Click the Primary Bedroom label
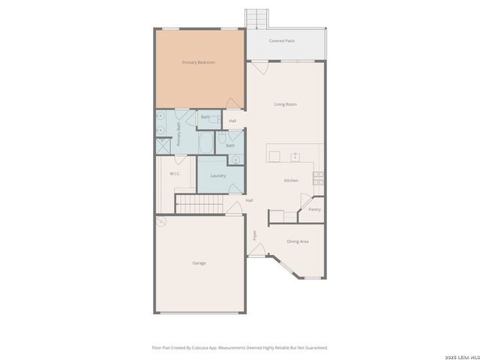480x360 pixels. point(199,62)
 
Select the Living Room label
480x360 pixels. point(286,104)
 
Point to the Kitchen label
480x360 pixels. point(291,181)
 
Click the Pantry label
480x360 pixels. point(314,209)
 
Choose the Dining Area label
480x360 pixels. point(298,241)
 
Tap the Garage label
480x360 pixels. point(199,263)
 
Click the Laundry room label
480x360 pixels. point(218,175)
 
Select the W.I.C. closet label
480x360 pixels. point(175,173)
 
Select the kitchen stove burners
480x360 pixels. point(318,177)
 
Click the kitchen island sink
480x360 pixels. point(295,156)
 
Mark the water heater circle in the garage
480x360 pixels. point(160,222)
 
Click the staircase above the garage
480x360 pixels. point(199,204)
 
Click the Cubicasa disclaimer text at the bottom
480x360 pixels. point(240,347)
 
